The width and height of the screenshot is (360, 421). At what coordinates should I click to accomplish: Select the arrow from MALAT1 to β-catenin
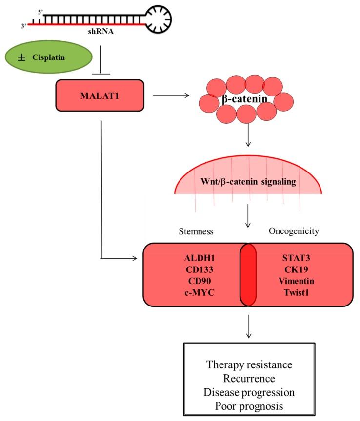[x=171, y=96]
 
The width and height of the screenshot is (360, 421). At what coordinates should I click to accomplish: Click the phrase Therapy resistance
[x=249, y=364]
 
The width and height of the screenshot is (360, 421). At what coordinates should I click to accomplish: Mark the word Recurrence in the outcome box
[x=249, y=378]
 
